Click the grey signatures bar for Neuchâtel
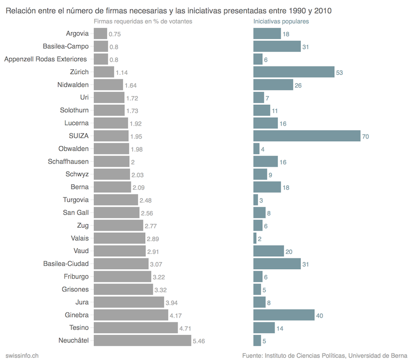[x=142, y=340]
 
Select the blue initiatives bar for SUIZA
[x=307, y=136]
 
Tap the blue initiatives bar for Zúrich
[x=294, y=72]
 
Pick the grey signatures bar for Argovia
[x=100, y=34]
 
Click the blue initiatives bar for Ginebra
[x=284, y=315]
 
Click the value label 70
[x=366, y=136]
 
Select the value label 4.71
[x=186, y=328]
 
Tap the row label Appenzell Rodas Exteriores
[x=46, y=59]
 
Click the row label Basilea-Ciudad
[x=66, y=263]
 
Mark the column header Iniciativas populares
[x=281, y=21]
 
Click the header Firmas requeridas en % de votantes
[x=143, y=21]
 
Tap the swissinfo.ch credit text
[x=22, y=355]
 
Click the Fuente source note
[x=325, y=355]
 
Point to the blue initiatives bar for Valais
[x=255, y=238]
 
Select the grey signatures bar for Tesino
[x=135, y=328]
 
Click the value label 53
[x=339, y=73]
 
